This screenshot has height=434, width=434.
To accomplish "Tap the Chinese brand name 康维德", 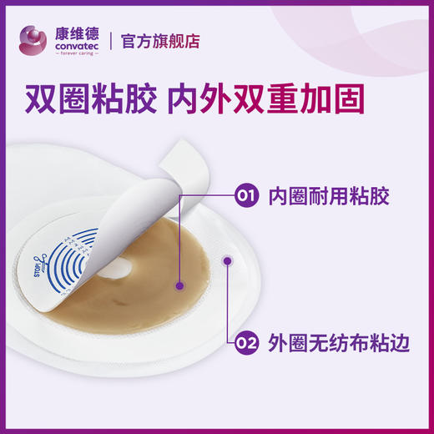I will tap(77, 31).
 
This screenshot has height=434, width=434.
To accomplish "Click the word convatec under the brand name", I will tap(77, 45).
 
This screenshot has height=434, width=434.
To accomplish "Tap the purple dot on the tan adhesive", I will tap(179, 285).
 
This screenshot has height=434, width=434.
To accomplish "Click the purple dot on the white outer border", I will tap(226, 261).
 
